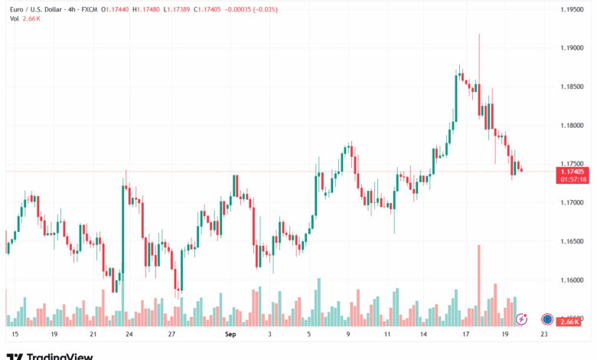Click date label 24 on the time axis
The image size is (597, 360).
(129, 335)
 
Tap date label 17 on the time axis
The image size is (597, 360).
(465, 335)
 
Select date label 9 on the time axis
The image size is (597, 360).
(348, 335)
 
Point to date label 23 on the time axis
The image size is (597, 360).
(543, 335)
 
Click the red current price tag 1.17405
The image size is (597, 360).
(573, 172)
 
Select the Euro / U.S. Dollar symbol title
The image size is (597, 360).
(38, 9)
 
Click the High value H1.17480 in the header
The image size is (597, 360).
(146, 9)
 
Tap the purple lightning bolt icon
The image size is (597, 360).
(522, 319)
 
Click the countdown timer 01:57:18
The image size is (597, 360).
(573, 179)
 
